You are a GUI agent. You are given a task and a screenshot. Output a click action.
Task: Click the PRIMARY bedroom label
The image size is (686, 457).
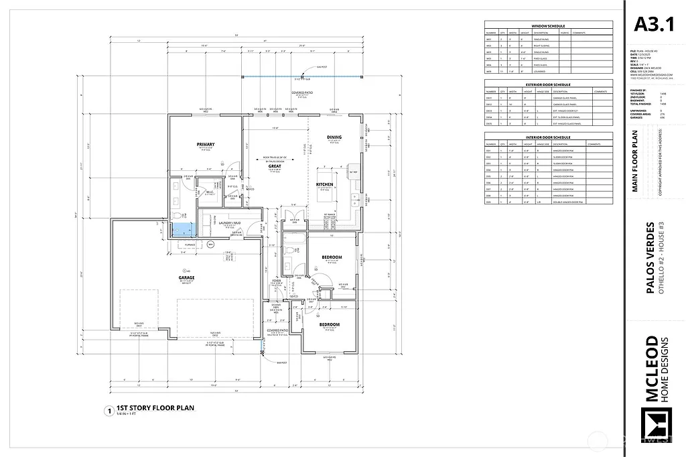(x=206, y=145)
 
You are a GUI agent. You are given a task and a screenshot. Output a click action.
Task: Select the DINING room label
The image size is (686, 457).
(x=334, y=137)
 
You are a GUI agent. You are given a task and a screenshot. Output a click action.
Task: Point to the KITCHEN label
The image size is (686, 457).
(x=325, y=184)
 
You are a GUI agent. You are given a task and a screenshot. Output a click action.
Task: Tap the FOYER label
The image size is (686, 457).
(x=276, y=281)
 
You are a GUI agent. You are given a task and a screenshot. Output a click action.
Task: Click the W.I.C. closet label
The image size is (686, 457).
(x=210, y=192)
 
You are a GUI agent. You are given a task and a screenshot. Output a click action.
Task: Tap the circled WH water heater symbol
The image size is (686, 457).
(x=210, y=245)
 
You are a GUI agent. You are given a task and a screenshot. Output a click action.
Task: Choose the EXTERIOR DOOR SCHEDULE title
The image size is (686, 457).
(x=548, y=84)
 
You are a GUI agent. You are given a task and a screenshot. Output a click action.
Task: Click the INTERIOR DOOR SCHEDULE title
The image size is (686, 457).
(x=548, y=136)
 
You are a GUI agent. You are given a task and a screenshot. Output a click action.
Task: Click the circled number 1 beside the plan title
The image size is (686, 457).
(x=107, y=411)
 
